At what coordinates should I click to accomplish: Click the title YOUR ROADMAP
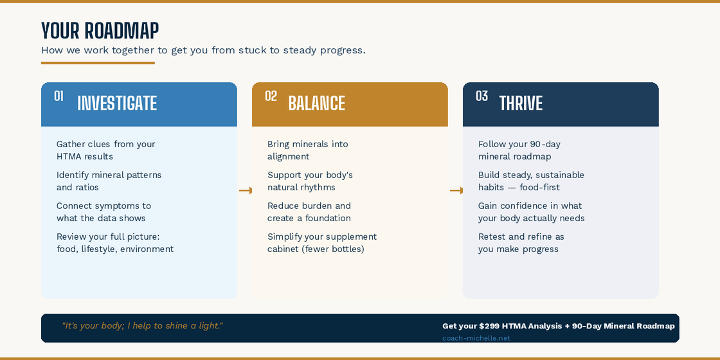click(x=100, y=31)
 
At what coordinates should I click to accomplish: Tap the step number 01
click(x=59, y=96)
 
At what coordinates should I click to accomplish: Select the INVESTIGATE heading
click(x=117, y=104)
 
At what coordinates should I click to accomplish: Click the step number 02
click(x=271, y=96)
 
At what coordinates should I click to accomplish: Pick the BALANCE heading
click(x=316, y=104)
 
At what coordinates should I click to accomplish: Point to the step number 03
click(x=482, y=96)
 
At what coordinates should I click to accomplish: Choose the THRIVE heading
click(x=521, y=104)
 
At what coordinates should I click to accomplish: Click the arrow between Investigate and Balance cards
click(x=245, y=190)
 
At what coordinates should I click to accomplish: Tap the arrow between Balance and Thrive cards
click(x=456, y=190)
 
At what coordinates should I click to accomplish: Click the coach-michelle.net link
click(x=476, y=338)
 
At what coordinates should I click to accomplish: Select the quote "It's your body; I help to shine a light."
click(x=142, y=326)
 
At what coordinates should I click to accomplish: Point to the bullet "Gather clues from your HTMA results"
click(x=105, y=150)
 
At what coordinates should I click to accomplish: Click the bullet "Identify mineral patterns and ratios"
click(x=109, y=181)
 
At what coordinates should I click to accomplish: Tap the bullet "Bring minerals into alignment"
click(x=307, y=150)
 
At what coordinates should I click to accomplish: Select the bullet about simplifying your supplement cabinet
click(x=321, y=243)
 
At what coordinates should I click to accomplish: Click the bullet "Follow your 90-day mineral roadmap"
click(x=519, y=150)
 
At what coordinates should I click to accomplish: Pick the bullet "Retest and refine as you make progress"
click(x=521, y=243)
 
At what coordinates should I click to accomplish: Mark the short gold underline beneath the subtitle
click(x=98, y=63)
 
